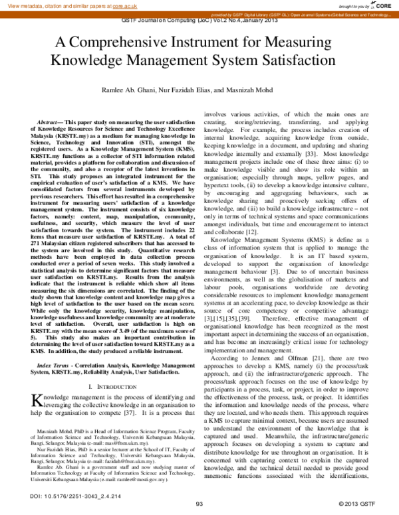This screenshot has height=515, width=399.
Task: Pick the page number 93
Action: click(199, 505)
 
